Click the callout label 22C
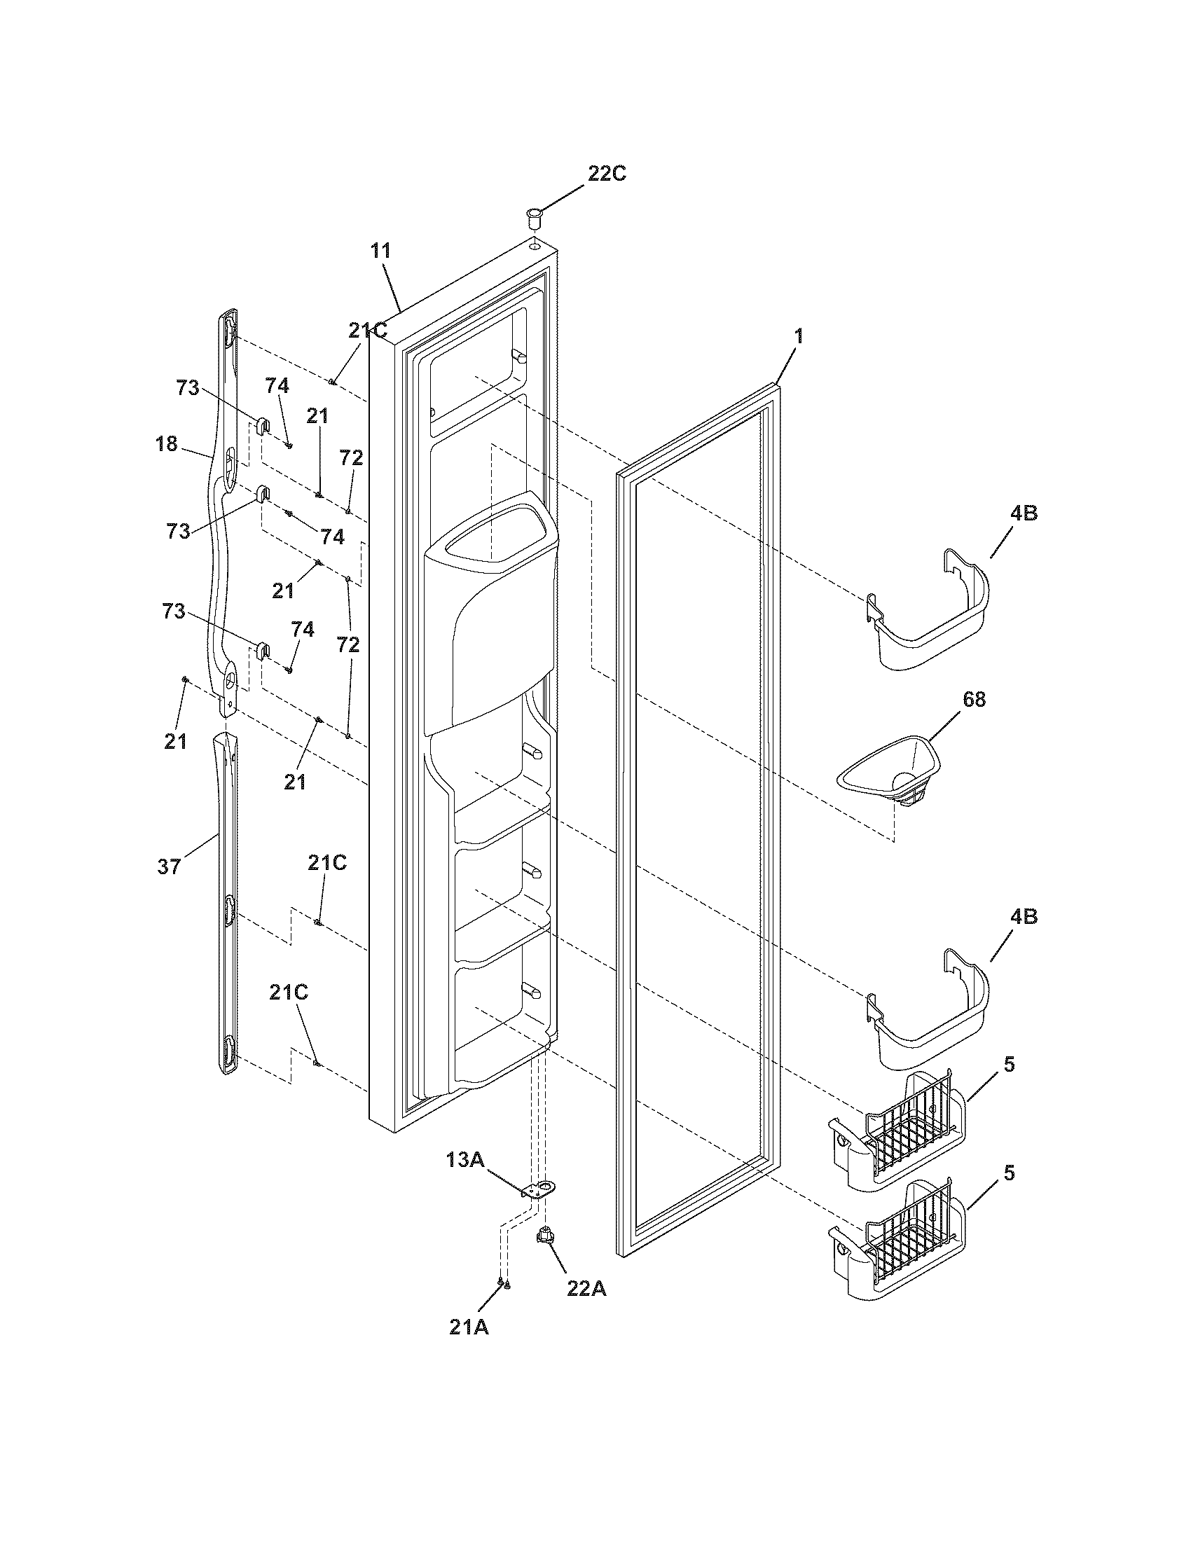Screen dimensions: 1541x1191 coord(607,174)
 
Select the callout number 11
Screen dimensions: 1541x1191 coord(380,251)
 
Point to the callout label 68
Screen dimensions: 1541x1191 coord(973,699)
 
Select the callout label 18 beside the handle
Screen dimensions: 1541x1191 coord(167,445)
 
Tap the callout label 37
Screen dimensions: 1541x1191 coord(169,866)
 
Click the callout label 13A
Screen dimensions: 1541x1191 coord(464,1159)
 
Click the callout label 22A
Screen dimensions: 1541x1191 coord(586,1288)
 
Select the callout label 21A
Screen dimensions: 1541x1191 coord(469,1327)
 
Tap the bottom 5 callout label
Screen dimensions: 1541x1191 coord(1010,1173)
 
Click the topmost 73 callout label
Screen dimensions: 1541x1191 coord(187,388)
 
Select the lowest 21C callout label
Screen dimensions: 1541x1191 coord(288,992)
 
